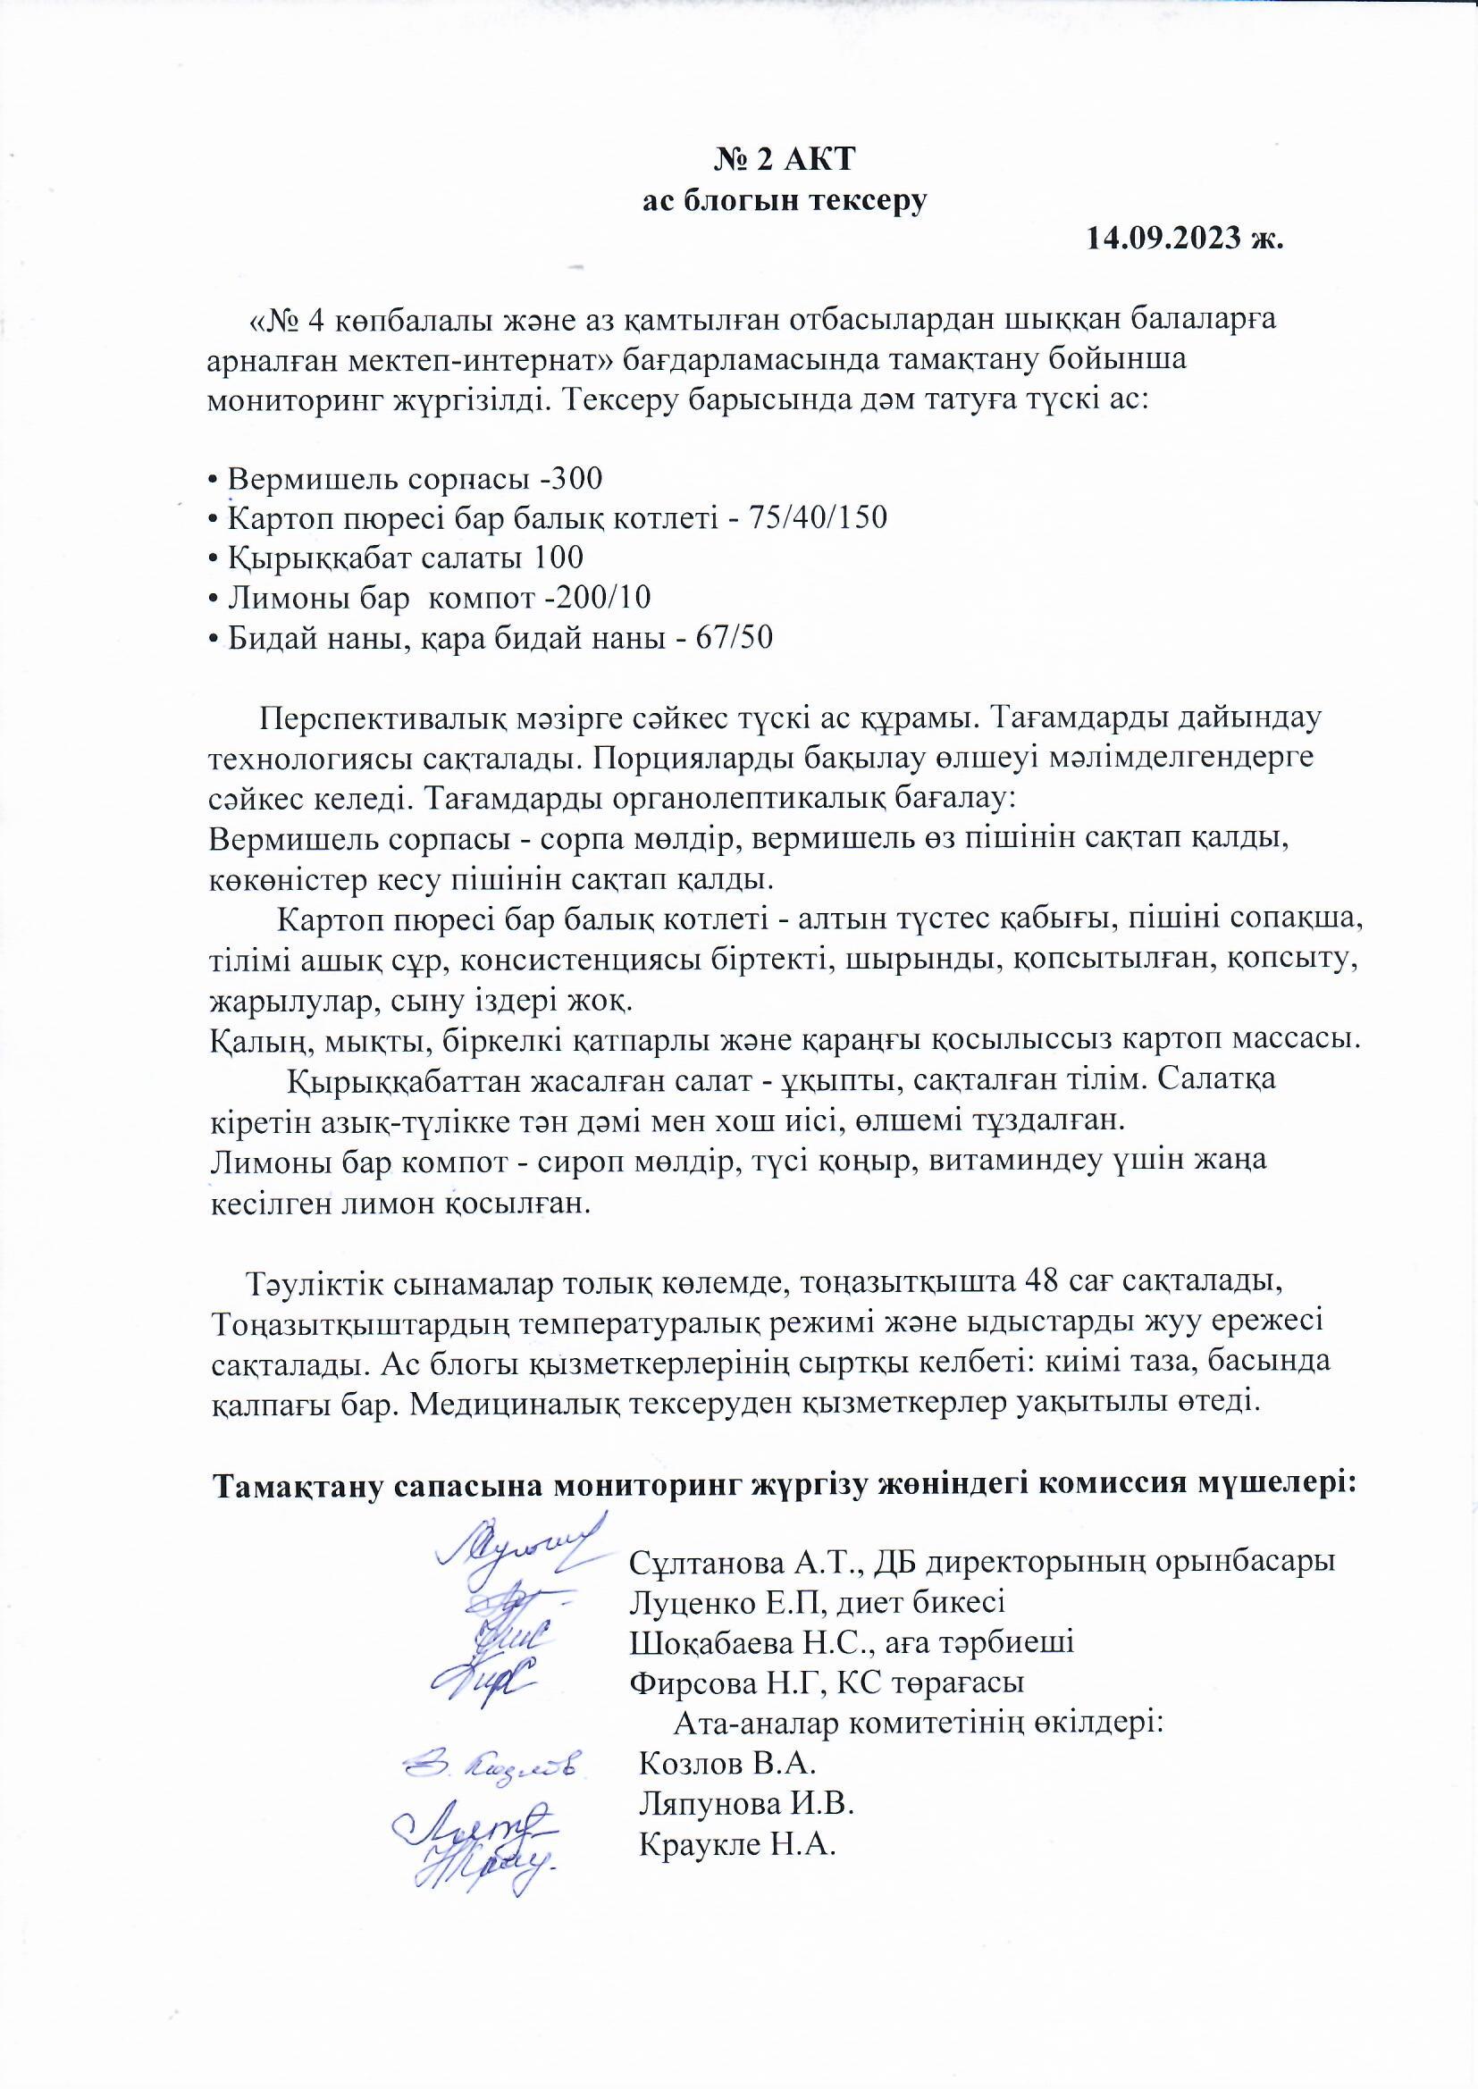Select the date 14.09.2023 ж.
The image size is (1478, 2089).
1184,239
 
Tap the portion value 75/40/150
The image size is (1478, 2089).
817,517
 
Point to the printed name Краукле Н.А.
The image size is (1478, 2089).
736,1843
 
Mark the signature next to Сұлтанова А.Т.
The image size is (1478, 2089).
514,1542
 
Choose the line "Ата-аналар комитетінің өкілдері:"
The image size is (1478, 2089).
920,1723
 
